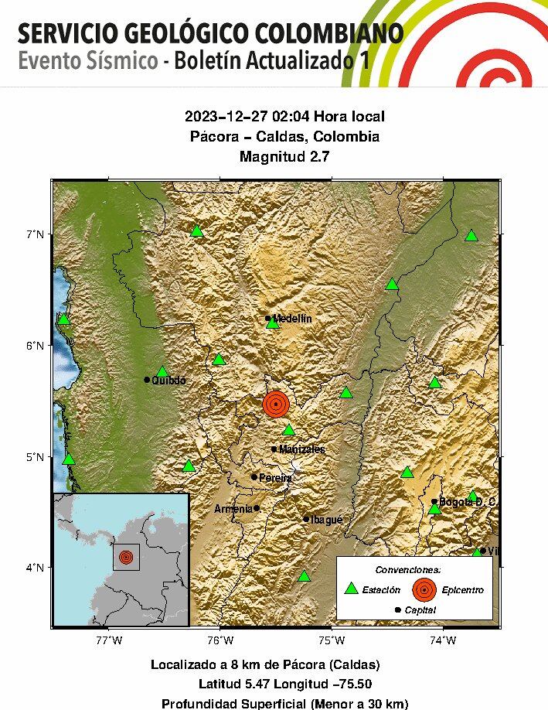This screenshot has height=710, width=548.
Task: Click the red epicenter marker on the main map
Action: pos(276,404)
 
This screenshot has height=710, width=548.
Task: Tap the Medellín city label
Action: pos(291,318)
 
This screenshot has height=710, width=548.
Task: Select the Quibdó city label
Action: pos(168,380)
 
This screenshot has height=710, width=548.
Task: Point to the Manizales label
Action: pos(301,449)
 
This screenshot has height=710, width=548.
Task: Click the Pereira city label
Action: pos(275,477)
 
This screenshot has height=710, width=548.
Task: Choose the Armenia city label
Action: pos(233,509)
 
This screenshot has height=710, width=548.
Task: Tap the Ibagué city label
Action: pos(328,520)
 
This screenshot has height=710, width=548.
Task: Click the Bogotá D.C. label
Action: pos(467,502)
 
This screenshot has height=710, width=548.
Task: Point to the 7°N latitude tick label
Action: pos(35,234)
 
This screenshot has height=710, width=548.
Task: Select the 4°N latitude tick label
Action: pos(35,568)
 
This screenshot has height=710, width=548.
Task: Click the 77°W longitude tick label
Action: pos(109,640)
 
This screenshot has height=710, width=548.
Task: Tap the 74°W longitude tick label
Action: pos(442,640)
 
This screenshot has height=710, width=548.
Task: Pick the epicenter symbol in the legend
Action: pos(424,589)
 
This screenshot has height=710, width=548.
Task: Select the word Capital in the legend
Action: pos(420,610)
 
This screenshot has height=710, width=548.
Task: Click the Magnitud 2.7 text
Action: pos(284,157)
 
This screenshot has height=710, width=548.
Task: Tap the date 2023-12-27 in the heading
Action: pos(219,117)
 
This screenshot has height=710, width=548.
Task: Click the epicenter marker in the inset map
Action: pos(126,557)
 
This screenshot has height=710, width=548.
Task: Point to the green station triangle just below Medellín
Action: pos(272,323)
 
